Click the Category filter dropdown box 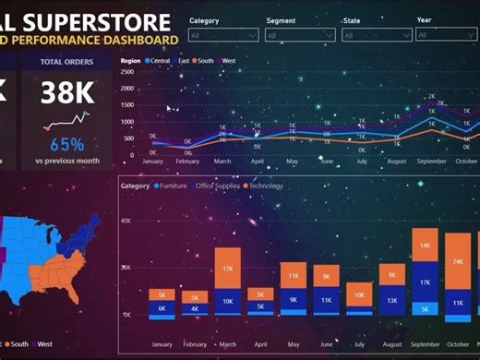point(222,36)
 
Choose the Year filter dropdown point(446,35)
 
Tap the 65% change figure point(66,144)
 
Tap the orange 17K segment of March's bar point(227,268)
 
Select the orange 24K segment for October point(459,261)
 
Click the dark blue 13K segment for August point(392,300)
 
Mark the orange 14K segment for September point(425,246)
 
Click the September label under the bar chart point(425,344)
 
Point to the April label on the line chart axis point(258,161)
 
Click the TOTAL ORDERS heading point(66,63)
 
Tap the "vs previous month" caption point(66,161)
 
